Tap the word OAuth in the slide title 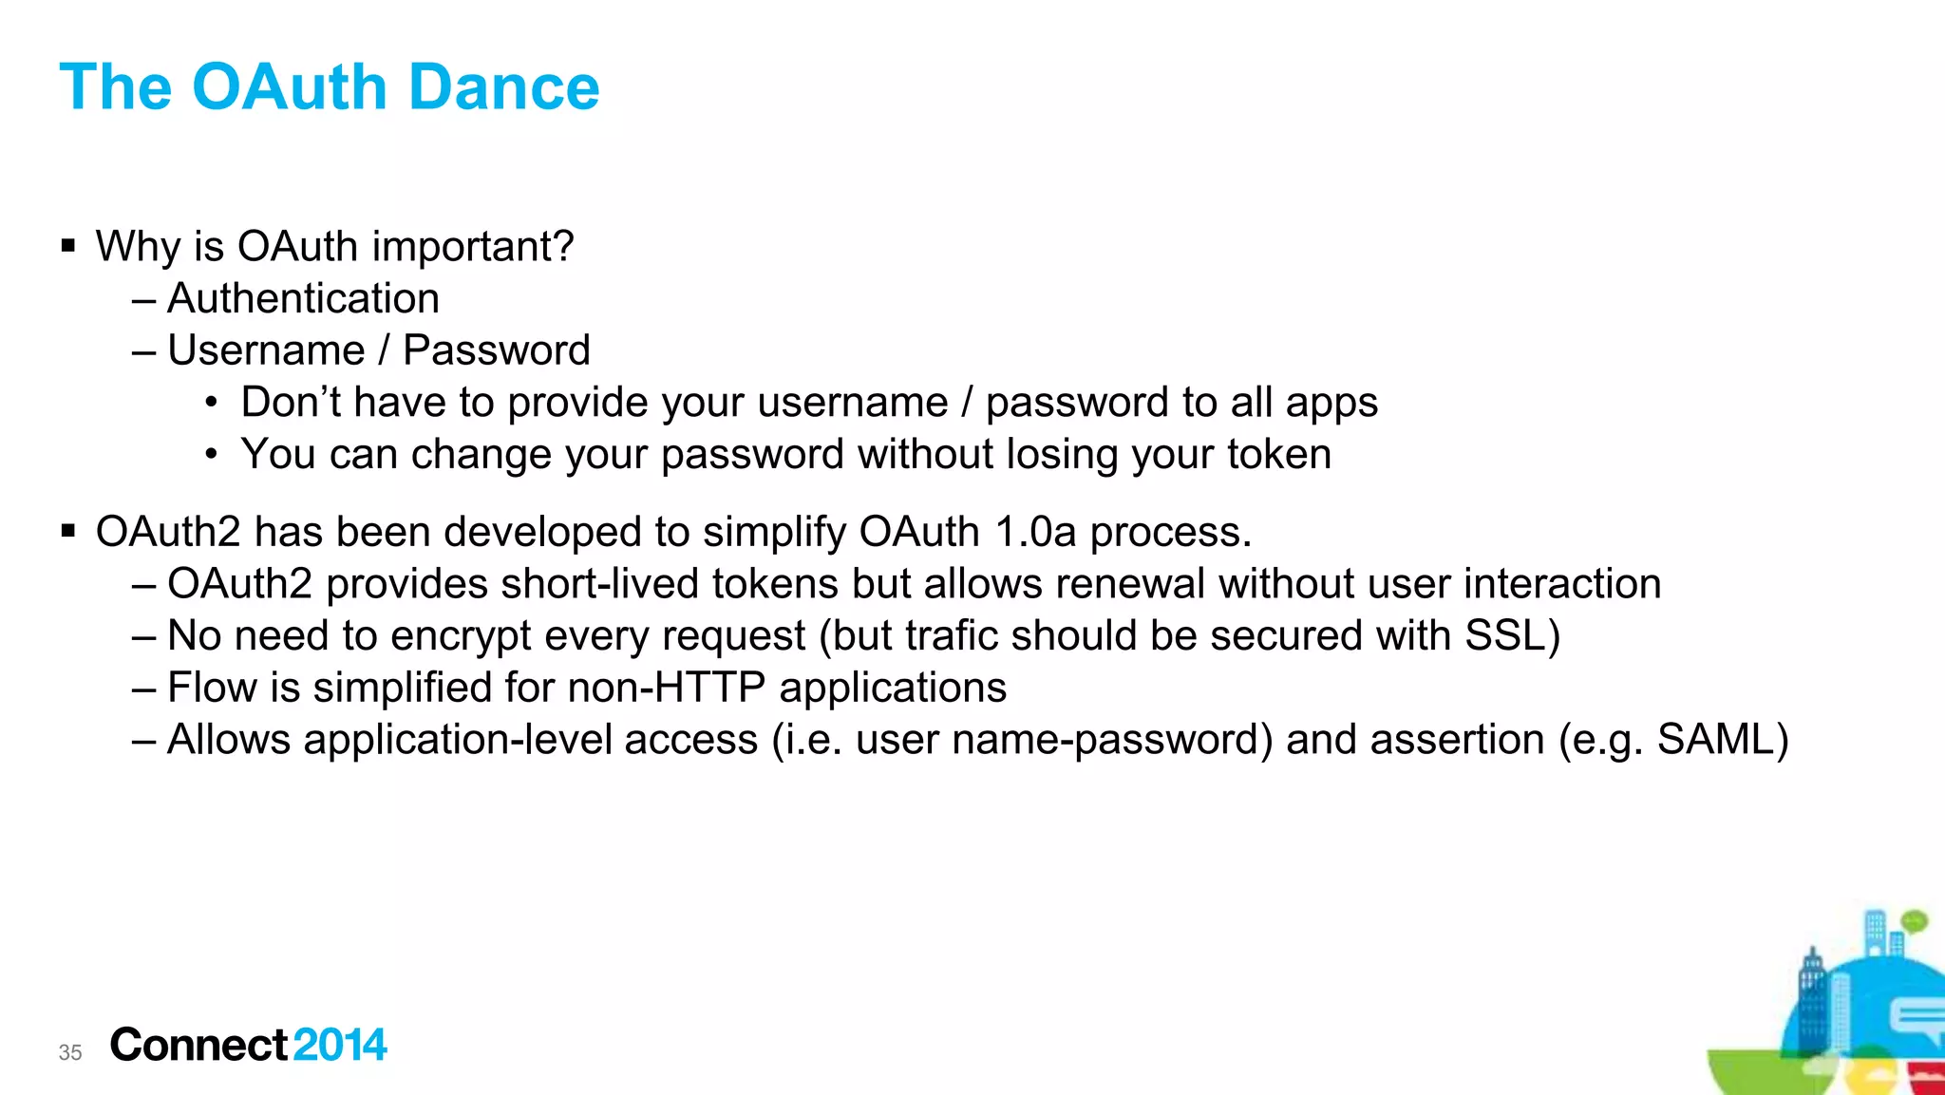(x=289, y=87)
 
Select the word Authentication (x=303, y=299)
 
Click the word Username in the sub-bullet (x=266, y=350)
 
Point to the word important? (x=473, y=247)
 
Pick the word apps (x=1331, y=404)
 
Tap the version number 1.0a (x=1035, y=532)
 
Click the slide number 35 (x=70, y=1052)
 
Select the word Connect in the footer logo (x=198, y=1046)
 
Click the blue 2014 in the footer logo (x=340, y=1046)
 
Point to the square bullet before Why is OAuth (x=68, y=247)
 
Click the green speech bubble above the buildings (x=1915, y=921)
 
